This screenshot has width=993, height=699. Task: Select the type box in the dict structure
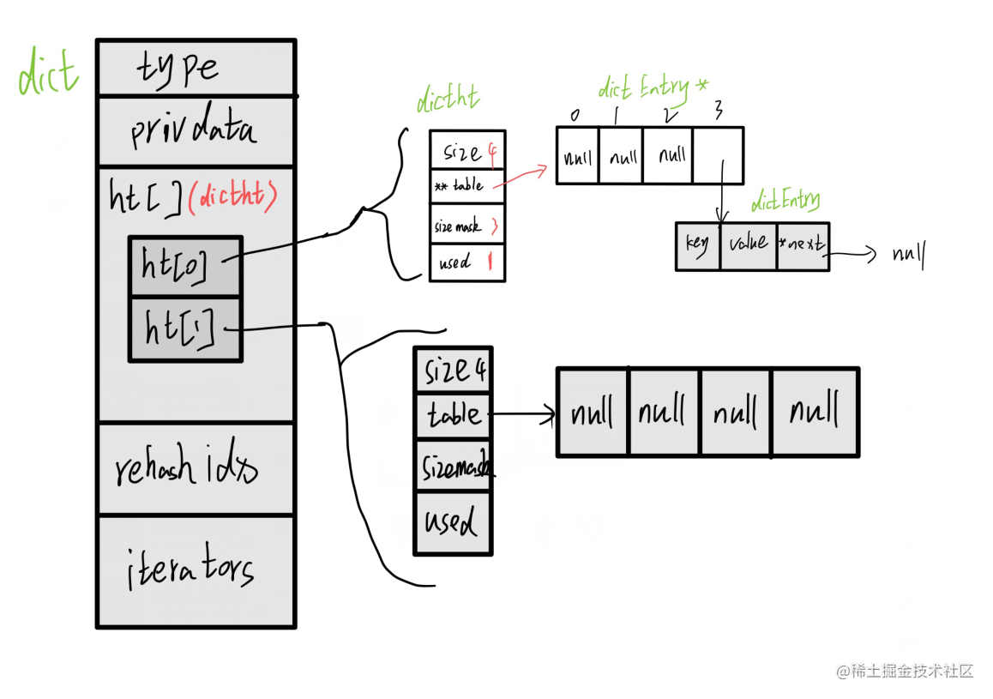click(196, 68)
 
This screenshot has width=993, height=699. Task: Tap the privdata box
click(196, 130)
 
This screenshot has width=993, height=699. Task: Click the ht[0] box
click(185, 267)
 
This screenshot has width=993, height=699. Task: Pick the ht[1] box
click(185, 328)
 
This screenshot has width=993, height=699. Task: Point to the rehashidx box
click(196, 468)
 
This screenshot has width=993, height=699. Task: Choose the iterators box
click(196, 570)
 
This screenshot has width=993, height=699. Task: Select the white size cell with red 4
click(467, 152)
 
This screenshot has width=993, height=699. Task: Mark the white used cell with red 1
click(467, 262)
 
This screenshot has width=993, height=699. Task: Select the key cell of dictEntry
click(697, 246)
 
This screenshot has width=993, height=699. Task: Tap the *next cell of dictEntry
click(803, 246)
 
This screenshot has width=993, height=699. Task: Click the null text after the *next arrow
click(908, 255)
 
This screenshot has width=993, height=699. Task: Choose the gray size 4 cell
click(452, 371)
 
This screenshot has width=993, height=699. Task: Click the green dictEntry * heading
click(654, 87)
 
